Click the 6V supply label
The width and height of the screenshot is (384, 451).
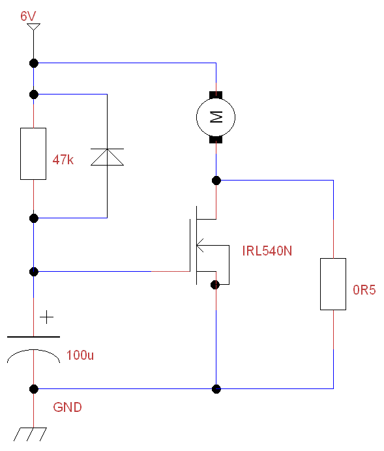pyautogui.click(x=28, y=16)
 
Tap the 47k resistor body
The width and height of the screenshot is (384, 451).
pyautogui.click(x=33, y=154)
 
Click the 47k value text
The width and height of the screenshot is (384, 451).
pyautogui.click(x=63, y=159)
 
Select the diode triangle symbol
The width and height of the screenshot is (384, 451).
pyautogui.click(x=108, y=157)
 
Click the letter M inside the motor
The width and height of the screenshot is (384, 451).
pyautogui.click(x=216, y=117)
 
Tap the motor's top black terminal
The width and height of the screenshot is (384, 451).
pyautogui.click(x=216, y=95)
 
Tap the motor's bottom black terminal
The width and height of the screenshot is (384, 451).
pyautogui.click(x=216, y=139)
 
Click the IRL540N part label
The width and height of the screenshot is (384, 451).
pyautogui.click(x=267, y=251)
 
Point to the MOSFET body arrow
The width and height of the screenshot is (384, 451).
pyautogui.click(x=201, y=245)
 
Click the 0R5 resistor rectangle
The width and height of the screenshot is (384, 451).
pyautogui.click(x=333, y=284)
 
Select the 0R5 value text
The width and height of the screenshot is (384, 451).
pyautogui.click(x=364, y=289)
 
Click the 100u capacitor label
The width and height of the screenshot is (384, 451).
pyautogui.click(x=80, y=355)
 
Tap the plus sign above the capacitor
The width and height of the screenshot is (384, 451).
pyautogui.click(x=46, y=317)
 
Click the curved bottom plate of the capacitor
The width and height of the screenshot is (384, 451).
pyautogui.click(x=34, y=350)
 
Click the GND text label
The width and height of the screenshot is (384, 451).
pyautogui.click(x=67, y=407)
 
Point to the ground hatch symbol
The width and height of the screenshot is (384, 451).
pyautogui.click(x=30, y=434)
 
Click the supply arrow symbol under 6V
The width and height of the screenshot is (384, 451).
pyautogui.click(x=33, y=27)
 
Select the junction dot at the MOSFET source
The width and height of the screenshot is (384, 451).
pyautogui.click(x=215, y=285)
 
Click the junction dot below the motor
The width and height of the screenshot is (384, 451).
pyautogui.click(x=216, y=181)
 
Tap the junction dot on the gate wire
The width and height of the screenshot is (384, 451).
pyautogui.click(x=34, y=272)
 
